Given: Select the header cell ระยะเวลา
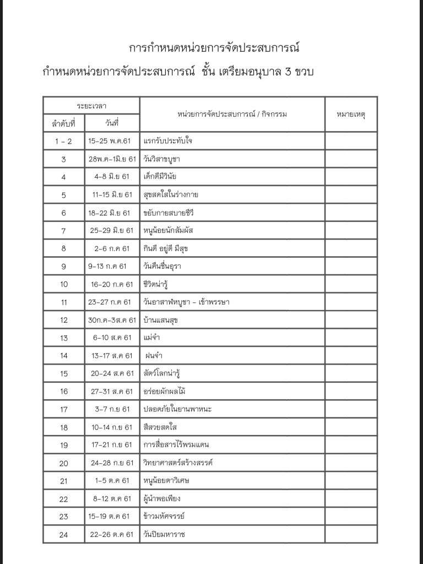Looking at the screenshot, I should pyautogui.click(x=91, y=105).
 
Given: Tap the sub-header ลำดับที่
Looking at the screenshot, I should pyautogui.click(x=64, y=123).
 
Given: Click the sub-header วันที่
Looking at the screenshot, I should pyautogui.click(x=112, y=123).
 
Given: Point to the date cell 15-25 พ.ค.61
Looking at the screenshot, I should pyautogui.click(x=110, y=141).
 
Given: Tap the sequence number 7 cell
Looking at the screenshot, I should pyautogui.click(x=64, y=230).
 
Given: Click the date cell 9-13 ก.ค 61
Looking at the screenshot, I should pyautogui.click(x=107, y=266).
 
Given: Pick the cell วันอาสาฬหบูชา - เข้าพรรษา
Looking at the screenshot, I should pyautogui.click(x=186, y=302).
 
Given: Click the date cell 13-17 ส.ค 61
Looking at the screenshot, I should pyautogui.click(x=112, y=356).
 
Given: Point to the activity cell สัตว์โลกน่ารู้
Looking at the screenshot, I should pyautogui.click(x=161, y=373).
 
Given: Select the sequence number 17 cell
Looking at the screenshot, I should pyautogui.click(x=64, y=409).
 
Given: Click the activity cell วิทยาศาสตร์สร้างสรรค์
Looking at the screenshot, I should pyautogui.click(x=177, y=463).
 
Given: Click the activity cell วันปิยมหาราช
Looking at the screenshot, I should pyautogui.click(x=161, y=534).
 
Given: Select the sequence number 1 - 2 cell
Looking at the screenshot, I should pyautogui.click(x=64, y=141).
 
